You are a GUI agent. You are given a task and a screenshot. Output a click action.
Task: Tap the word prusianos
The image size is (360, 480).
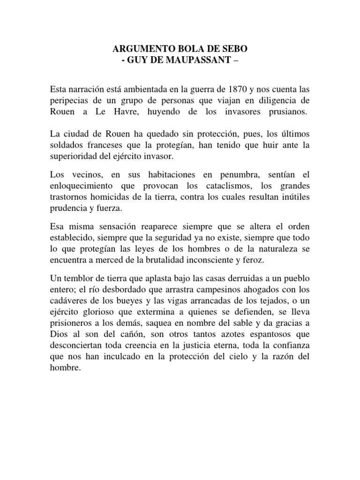[x=284, y=112]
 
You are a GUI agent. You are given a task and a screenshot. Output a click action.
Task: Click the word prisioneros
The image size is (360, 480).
[x=75, y=323]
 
